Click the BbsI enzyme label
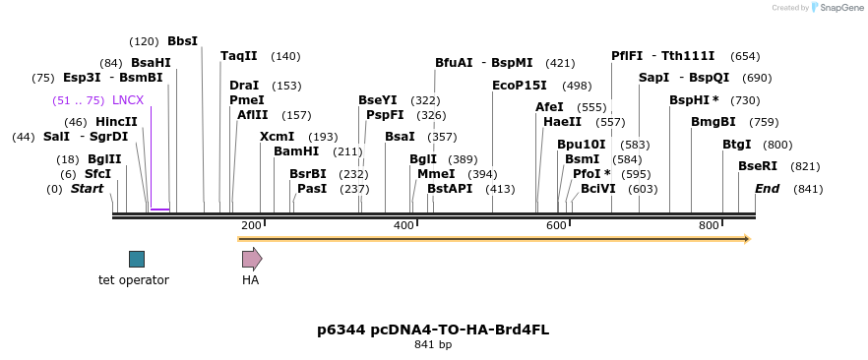point(182,41)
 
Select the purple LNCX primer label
point(128,100)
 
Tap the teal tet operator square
point(137,259)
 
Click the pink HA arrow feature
point(252,259)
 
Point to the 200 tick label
point(251,226)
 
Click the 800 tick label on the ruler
point(710,226)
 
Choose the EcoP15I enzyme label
point(520,86)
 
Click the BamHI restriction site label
point(296,151)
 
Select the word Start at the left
point(87,189)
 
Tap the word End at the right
point(768,189)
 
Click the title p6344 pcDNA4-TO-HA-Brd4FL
point(433,330)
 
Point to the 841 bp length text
point(433,345)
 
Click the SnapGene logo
point(837,8)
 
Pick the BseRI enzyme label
point(758,166)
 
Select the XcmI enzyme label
point(277,137)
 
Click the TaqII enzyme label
point(239,56)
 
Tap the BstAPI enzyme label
point(450,189)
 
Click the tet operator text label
point(134,280)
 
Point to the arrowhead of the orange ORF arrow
point(747,239)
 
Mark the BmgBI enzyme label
point(713,122)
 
